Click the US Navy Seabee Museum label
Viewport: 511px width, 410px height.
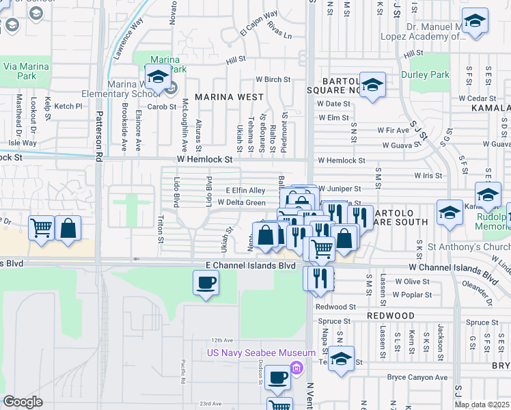[x=262, y=353]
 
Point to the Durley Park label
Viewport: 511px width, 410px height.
[x=426, y=74]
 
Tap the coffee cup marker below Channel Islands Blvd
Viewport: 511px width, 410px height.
[x=205, y=282]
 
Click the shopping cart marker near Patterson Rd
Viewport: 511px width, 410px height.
[x=41, y=229]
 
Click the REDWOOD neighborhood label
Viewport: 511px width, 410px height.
[x=390, y=315]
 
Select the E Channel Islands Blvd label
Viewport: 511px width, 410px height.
[x=245, y=265]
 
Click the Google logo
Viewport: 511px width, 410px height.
[x=23, y=402]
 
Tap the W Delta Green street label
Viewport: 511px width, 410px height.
[x=241, y=202]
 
